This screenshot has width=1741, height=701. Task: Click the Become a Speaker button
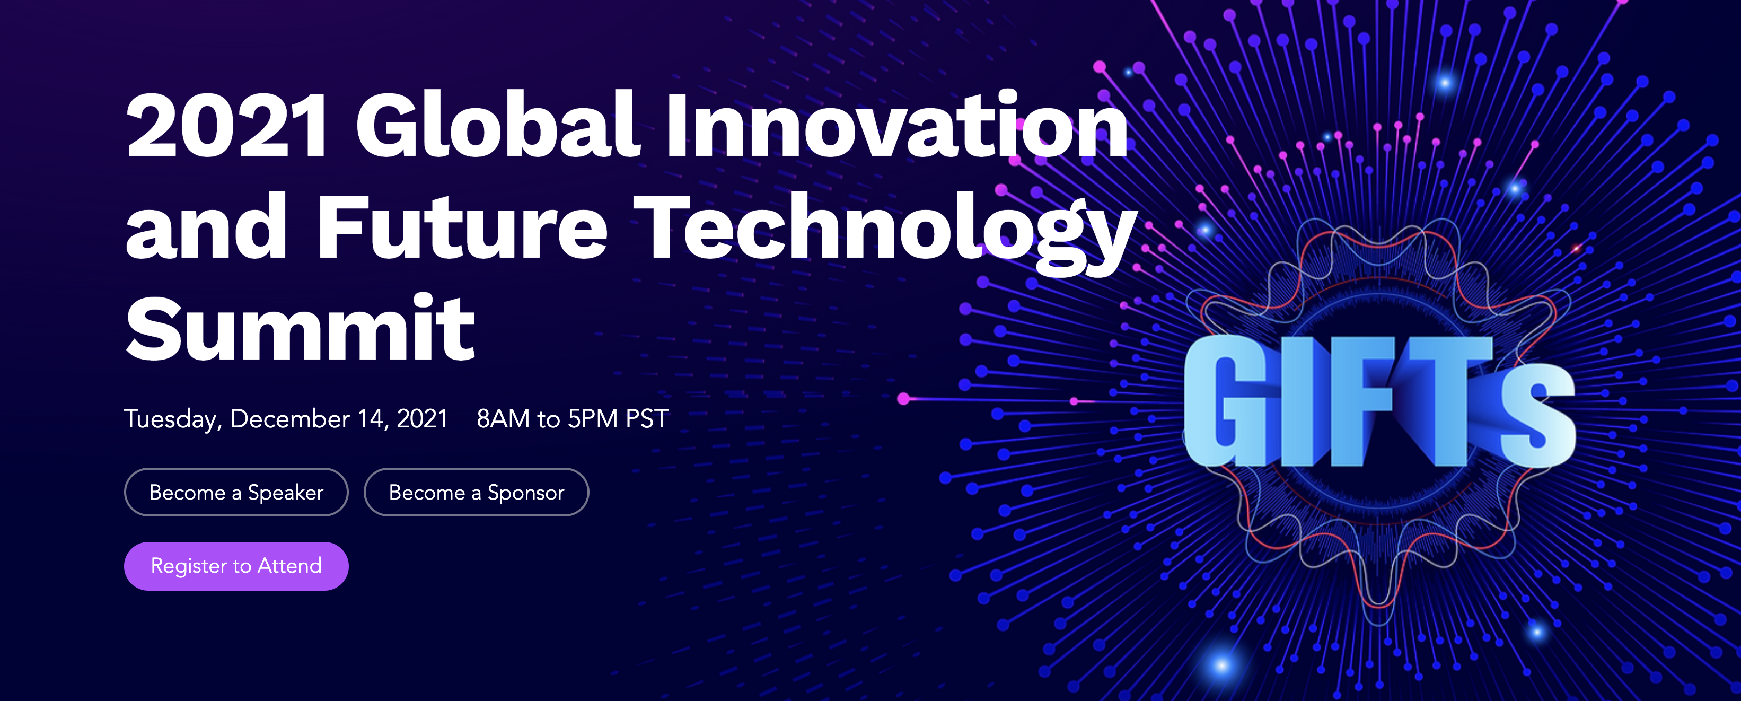tap(236, 492)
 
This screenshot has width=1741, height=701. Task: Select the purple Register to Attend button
tap(236, 566)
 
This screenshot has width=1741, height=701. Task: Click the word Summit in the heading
tap(301, 329)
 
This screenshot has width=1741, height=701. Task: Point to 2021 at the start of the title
tap(227, 126)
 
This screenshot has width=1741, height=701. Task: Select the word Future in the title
tap(462, 226)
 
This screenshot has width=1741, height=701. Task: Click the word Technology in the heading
tap(885, 233)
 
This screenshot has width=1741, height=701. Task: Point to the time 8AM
tap(503, 419)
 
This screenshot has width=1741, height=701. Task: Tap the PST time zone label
tap(647, 419)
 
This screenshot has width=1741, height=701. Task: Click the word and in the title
tap(206, 226)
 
